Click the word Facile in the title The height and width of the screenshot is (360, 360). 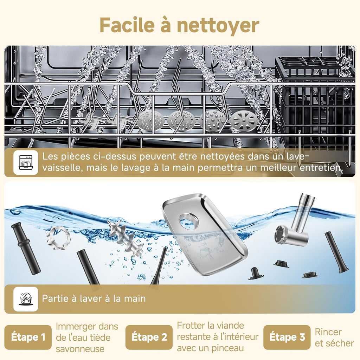coord(127,25)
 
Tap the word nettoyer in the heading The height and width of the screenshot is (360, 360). coord(218,26)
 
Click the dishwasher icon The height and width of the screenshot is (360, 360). coord(26,162)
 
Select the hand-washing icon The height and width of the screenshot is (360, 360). coord(26,299)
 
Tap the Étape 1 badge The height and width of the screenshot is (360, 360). coord(28,337)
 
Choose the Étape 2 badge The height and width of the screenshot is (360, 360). coord(149,337)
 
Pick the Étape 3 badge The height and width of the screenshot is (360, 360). coord(287,337)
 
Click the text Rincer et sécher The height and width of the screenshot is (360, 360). coord(334,337)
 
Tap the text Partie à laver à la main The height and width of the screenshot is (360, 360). coord(94,298)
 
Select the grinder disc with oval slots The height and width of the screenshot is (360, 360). coord(244,121)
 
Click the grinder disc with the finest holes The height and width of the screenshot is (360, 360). coord(151,121)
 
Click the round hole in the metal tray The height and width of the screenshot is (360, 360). coord(189,221)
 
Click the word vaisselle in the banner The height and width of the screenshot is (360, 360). coord(62,168)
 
